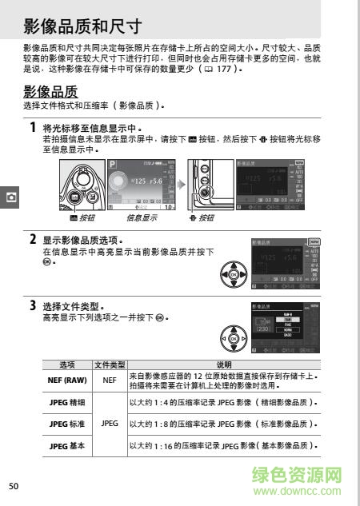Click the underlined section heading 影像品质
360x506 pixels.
(50, 91)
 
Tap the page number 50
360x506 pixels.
(14, 486)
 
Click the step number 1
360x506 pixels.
(32, 127)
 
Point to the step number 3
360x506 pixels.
(32, 305)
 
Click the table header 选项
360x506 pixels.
(67, 365)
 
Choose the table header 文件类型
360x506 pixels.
(109, 365)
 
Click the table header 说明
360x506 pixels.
(223, 365)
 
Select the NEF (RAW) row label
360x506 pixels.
(67, 381)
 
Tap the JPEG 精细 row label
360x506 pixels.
(67, 402)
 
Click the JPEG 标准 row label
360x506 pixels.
(67, 423)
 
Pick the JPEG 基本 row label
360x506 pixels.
(67, 444)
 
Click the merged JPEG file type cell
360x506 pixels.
(109, 423)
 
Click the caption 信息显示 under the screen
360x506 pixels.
(141, 217)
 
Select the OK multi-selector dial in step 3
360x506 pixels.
(233, 338)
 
